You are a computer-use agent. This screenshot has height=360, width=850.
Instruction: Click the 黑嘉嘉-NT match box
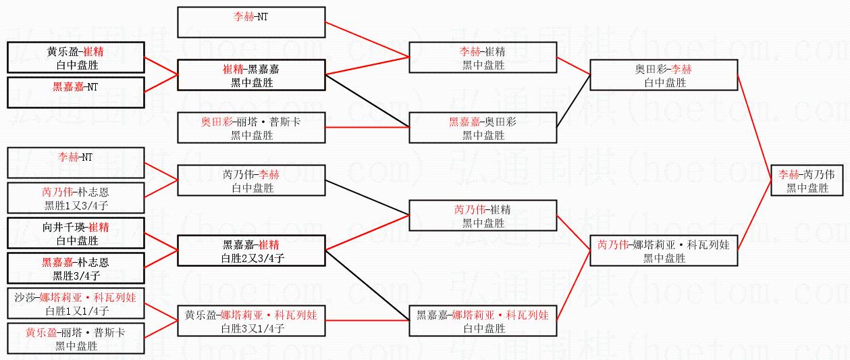[76, 93]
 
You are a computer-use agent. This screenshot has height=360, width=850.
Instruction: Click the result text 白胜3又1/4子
[252, 328]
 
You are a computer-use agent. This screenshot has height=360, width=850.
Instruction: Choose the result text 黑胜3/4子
[76, 276]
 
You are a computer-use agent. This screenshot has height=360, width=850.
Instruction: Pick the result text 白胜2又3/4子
[252, 257]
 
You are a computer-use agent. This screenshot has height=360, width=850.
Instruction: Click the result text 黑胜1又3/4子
[76, 205]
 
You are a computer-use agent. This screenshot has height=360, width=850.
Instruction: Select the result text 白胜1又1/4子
[76, 311]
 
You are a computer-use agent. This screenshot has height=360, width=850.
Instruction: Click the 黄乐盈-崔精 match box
[76, 57]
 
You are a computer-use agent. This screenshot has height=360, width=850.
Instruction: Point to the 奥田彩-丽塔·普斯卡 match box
[252, 127]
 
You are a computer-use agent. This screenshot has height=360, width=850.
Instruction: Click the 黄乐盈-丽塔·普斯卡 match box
[76, 338]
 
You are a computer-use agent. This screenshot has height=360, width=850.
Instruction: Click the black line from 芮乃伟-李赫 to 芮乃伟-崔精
[368, 197]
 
